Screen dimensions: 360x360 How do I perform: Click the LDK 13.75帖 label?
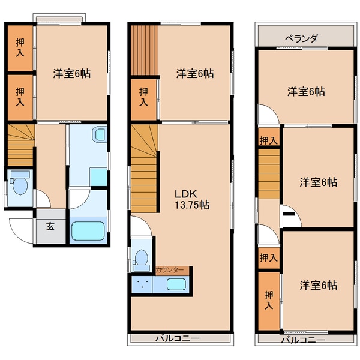192,199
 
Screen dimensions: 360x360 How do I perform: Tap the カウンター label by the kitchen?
170,270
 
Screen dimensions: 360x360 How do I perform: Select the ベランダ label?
301,38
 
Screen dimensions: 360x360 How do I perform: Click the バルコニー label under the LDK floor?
177,338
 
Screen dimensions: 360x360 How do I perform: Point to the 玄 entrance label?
50,226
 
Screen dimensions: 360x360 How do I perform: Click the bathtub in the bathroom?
88,230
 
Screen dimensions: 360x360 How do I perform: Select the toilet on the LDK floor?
142,260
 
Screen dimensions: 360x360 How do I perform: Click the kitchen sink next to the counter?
176,284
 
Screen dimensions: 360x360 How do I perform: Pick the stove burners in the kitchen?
142,284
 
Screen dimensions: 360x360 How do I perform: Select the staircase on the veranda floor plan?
269,173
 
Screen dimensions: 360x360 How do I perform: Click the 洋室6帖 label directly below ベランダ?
306,92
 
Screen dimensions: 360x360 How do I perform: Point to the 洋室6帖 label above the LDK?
195,73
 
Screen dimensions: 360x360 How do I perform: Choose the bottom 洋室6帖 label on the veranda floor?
319,286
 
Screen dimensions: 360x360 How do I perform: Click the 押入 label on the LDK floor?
143,97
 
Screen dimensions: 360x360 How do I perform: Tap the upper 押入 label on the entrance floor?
20,47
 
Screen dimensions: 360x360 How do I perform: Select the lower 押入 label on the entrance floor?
20,97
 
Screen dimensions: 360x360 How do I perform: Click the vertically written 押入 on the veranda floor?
269,300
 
